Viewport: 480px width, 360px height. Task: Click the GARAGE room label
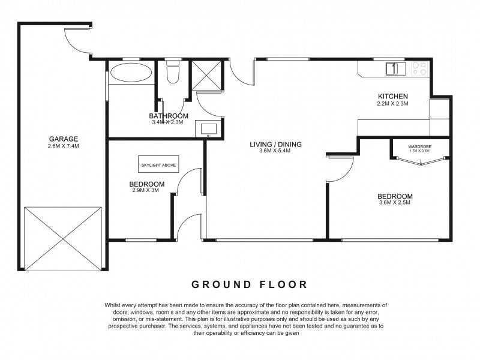click(64, 139)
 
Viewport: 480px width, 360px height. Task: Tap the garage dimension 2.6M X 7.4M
click(64, 146)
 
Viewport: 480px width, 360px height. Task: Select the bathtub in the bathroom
click(131, 73)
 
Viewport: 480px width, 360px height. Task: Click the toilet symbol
click(173, 72)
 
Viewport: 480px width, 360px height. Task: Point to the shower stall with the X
click(206, 76)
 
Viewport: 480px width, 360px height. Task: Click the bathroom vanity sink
click(208, 128)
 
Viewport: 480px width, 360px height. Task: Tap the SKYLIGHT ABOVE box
click(158, 165)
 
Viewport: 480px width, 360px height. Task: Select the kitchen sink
click(395, 68)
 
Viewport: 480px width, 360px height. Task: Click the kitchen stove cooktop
click(419, 68)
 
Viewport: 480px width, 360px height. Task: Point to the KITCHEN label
click(393, 97)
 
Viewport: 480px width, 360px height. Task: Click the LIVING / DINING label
click(275, 145)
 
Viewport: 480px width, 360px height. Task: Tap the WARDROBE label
click(419, 146)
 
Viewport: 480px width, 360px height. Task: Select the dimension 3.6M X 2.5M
click(395, 202)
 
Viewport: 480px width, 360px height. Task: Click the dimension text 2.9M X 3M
click(145, 190)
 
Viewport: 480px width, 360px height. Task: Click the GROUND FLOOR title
click(249, 284)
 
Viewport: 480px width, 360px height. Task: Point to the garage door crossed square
click(63, 239)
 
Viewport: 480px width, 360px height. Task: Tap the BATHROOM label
click(169, 116)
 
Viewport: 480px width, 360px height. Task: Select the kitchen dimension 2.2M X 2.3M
click(393, 103)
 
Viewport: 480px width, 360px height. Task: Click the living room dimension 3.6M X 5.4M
click(275, 151)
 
